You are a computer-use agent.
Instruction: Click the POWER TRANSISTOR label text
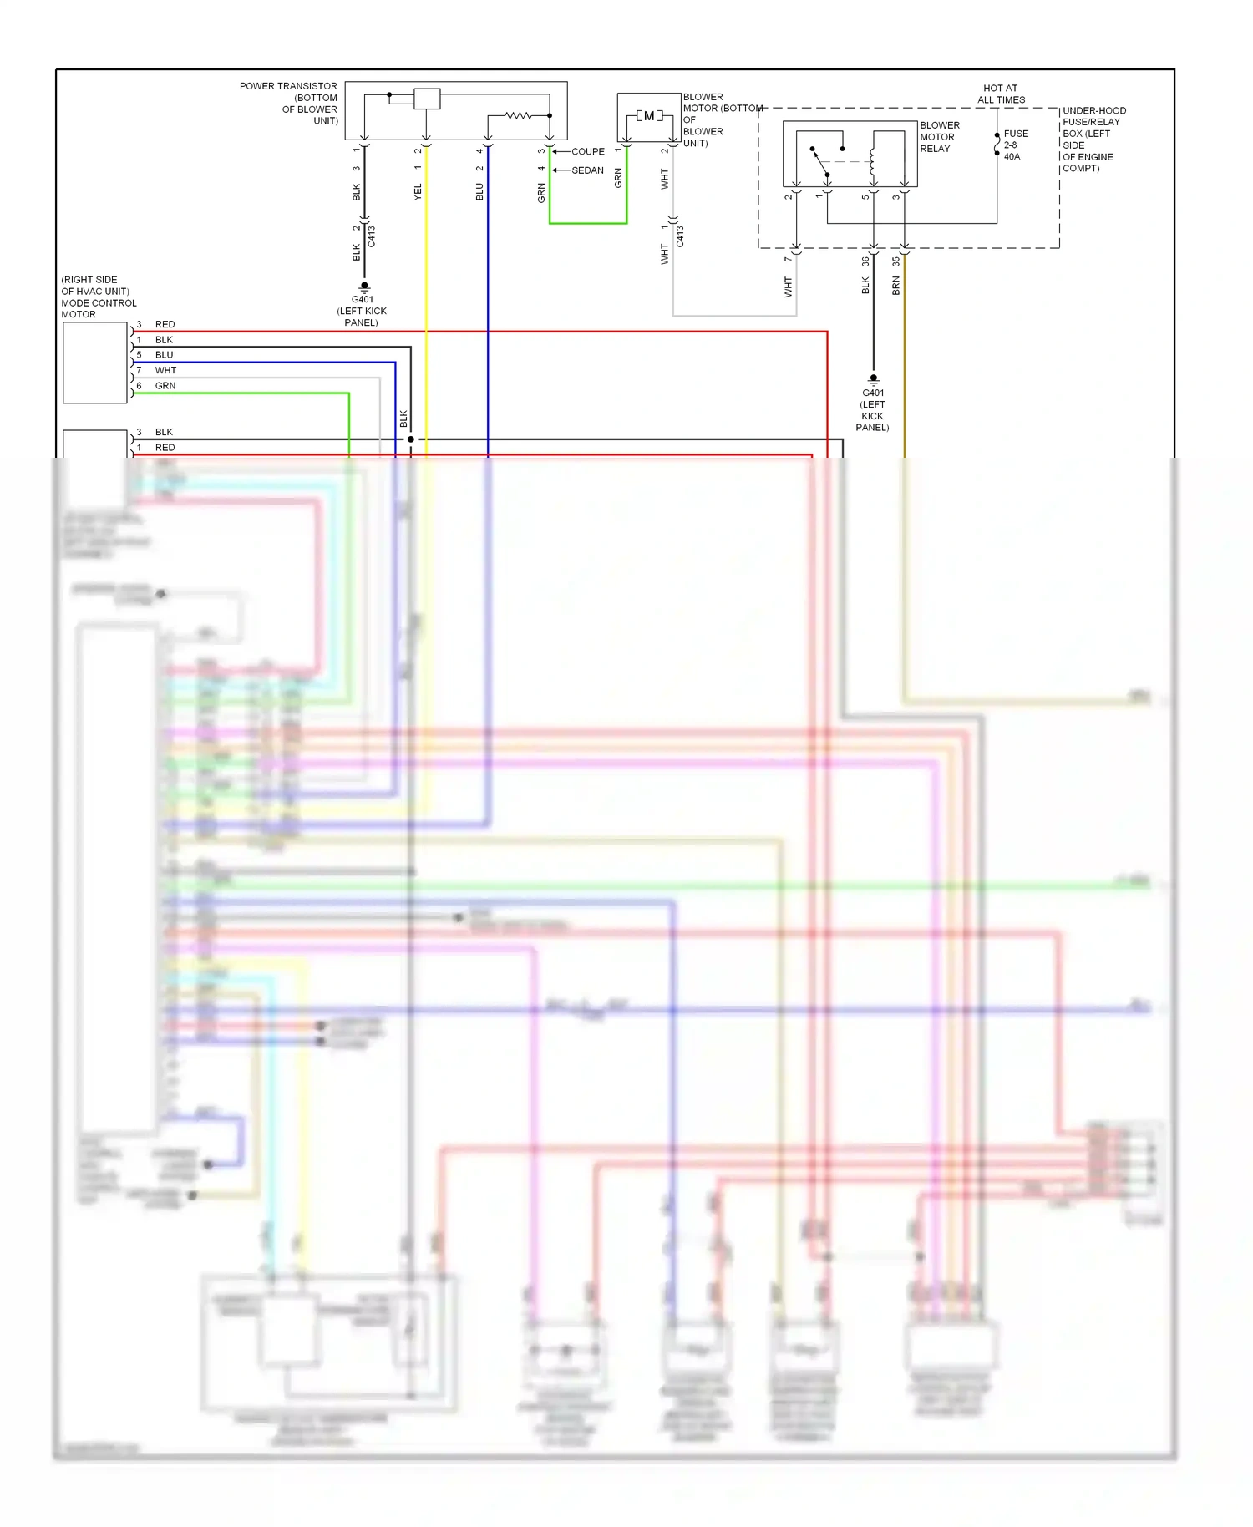click(x=288, y=86)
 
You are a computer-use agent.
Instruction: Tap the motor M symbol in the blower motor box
click(x=649, y=116)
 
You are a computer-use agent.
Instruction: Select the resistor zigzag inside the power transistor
click(x=518, y=115)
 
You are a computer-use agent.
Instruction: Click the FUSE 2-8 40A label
click(x=1016, y=145)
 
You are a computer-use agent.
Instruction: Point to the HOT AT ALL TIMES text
click(x=1001, y=94)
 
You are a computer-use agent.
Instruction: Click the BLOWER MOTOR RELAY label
click(x=939, y=137)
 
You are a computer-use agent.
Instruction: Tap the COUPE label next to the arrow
click(x=588, y=151)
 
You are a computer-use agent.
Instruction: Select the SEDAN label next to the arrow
click(x=587, y=170)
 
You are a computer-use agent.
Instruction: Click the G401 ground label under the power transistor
click(x=362, y=310)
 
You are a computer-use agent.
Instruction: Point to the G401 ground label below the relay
click(x=873, y=409)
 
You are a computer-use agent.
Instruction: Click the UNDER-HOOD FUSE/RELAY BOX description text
click(x=1093, y=140)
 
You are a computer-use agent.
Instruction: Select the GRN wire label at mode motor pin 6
click(x=165, y=386)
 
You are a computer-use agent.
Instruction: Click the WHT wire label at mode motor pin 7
click(x=165, y=370)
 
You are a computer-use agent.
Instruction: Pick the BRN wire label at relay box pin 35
click(x=896, y=287)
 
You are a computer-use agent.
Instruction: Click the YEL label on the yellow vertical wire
click(x=418, y=192)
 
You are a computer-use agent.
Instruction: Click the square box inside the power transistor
click(x=427, y=99)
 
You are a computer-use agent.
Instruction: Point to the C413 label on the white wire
click(x=680, y=236)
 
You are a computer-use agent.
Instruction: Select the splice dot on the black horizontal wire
click(x=410, y=439)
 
